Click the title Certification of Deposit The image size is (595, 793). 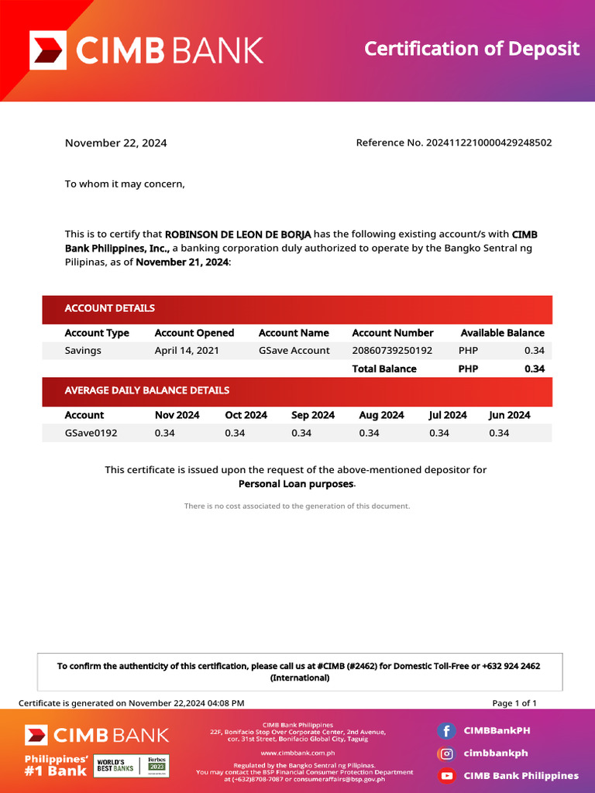pyautogui.click(x=472, y=49)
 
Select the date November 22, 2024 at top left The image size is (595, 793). pyautogui.click(x=115, y=143)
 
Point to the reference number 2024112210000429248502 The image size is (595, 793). pyautogui.click(x=489, y=142)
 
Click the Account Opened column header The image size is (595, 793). pyautogui.click(x=194, y=333)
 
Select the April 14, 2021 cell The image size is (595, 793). pyautogui.click(x=187, y=351)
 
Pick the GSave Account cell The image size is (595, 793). pyautogui.click(x=294, y=351)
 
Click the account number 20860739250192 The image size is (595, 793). pyautogui.click(x=392, y=351)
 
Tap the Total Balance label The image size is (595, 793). pyautogui.click(x=384, y=369)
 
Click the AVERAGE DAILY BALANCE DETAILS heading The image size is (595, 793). pyautogui.click(x=146, y=390)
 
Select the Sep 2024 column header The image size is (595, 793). pyautogui.click(x=313, y=415)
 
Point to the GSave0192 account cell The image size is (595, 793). pyautogui.click(x=91, y=433)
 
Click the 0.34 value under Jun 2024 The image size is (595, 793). pyautogui.click(x=499, y=433)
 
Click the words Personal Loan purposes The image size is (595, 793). pyautogui.click(x=296, y=484)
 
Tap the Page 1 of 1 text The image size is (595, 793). pyautogui.click(x=514, y=703)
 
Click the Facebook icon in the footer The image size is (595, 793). pyautogui.click(x=445, y=730)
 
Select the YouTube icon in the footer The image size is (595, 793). pyautogui.click(x=445, y=775)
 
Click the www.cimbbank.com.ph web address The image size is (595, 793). pyautogui.click(x=297, y=753)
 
